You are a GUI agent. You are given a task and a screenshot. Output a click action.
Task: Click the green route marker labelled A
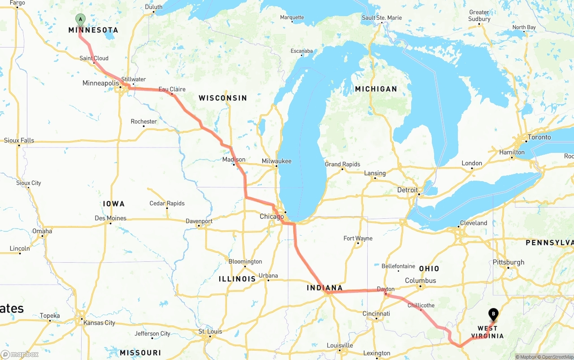pos(80,19)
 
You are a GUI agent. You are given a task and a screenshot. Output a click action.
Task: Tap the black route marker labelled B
pos(493,314)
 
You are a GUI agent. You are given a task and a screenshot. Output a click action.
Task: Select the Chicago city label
pos(272,217)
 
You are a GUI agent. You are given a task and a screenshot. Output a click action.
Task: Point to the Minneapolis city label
pos(100,83)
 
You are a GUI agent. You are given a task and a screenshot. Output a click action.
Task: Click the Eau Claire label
pos(172,89)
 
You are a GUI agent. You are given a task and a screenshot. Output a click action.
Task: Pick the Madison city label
pos(234,160)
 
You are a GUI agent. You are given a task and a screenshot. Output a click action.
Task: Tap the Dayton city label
pos(386,289)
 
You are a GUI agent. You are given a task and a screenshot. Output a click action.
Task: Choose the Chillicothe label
pos(421,305)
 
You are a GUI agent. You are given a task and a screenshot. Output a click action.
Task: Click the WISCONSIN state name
pos(223,98)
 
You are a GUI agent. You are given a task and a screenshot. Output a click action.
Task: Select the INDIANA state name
pos(325,288)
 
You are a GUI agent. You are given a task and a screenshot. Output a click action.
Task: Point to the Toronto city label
pos(539,137)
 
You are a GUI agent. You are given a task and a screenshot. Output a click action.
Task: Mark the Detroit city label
pos(407,190)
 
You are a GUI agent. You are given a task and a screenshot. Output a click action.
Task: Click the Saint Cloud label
pos(94,58)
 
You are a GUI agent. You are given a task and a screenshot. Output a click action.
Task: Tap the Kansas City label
pos(99,323)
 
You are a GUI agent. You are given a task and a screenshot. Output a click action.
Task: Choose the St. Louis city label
pos(210,332)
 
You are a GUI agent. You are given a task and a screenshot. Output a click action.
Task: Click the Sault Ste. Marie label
pos(382,18)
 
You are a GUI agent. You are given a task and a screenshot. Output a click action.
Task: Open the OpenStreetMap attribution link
pos(557,357)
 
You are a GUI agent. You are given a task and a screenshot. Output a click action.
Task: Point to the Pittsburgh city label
pos(508,262)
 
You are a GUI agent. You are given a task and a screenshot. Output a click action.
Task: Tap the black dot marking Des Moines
pos(110,223)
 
